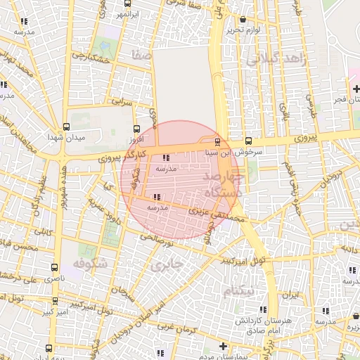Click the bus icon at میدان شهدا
point(67,127)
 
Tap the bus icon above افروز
point(137,129)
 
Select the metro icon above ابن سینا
point(217,141)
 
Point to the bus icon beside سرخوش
point(248,141)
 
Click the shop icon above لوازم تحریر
point(243,20)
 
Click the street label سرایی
point(123,103)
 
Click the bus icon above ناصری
point(55,267)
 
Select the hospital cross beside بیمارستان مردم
point(223,346)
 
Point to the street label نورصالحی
point(155,241)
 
